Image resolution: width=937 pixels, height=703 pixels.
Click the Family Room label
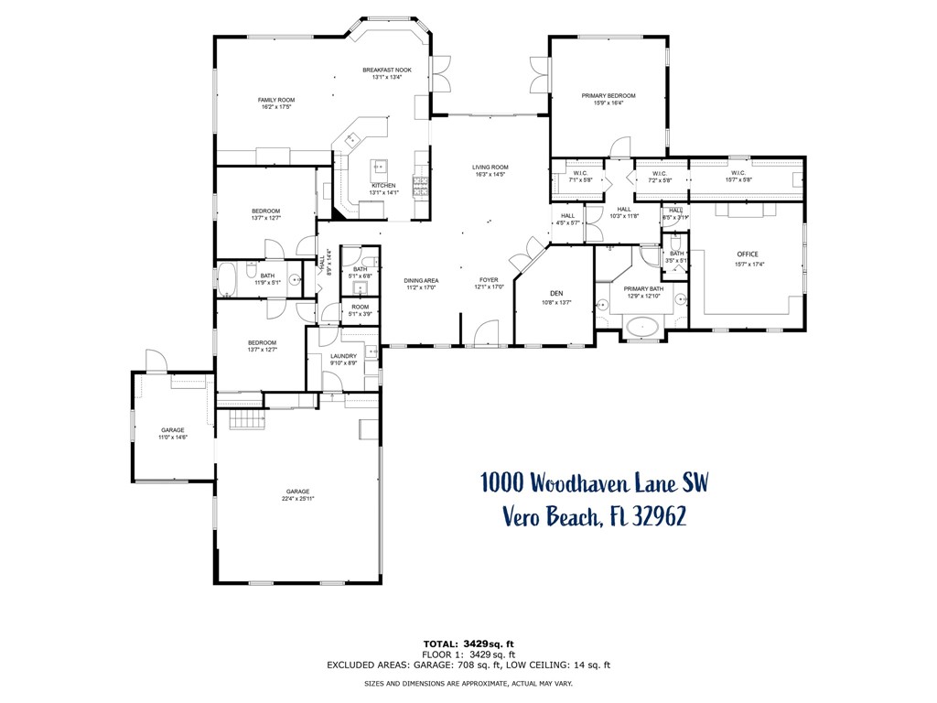click(x=275, y=100)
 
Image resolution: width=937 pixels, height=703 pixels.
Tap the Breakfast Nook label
click(x=387, y=70)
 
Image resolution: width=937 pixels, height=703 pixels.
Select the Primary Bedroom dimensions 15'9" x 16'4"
click(x=609, y=103)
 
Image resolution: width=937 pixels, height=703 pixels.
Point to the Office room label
click(x=748, y=254)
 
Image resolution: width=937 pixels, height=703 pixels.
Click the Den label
click(x=555, y=294)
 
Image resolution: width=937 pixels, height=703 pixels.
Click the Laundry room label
click(x=343, y=356)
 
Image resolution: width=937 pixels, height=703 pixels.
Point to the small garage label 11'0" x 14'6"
click(x=173, y=438)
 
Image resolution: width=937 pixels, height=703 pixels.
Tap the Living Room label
click(x=490, y=167)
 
